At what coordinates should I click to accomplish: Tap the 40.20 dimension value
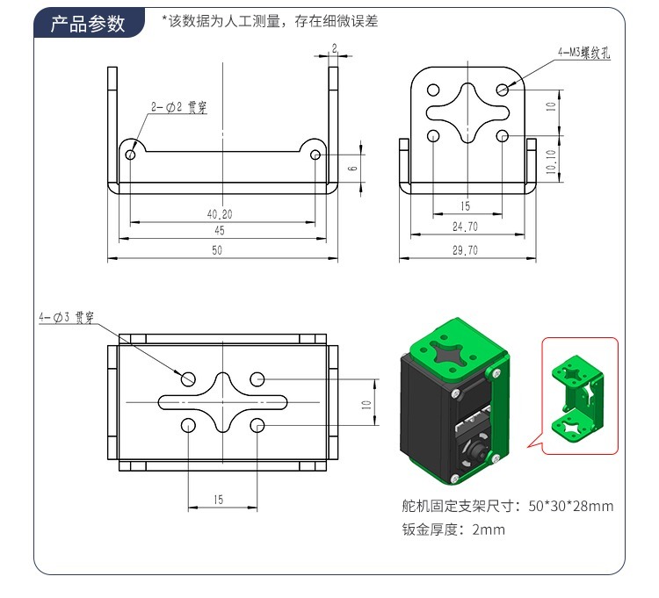(x=220, y=213)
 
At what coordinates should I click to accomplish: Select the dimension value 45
(x=220, y=231)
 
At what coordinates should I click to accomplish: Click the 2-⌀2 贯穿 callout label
(x=178, y=106)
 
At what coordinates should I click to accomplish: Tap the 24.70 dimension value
(x=465, y=227)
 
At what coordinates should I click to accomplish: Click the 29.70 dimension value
(x=465, y=249)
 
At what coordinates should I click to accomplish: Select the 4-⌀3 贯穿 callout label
(x=66, y=317)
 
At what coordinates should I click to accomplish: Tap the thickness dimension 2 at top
(x=334, y=47)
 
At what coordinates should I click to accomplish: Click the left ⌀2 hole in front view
(x=130, y=155)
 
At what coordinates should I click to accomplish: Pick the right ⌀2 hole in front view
(x=315, y=155)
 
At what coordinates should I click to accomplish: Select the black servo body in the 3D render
(x=426, y=413)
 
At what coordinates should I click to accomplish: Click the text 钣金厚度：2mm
(x=453, y=530)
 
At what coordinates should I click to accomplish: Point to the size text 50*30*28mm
(x=571, y=506)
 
